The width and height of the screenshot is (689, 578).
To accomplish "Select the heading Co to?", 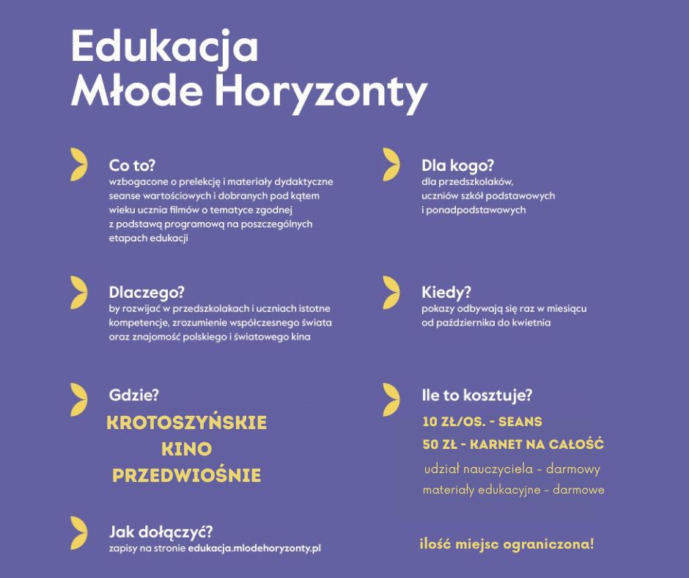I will click(x=133, y=165).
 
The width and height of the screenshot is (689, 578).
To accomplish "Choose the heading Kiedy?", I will click(x=446, y=292).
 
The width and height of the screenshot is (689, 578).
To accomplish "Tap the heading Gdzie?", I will click(x=133, y=395).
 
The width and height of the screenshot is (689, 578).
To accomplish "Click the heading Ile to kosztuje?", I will click(x=476, y=395).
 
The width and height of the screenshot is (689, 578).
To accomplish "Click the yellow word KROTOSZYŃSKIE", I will click(x=187, y=423).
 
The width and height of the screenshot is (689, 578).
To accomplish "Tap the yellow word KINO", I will click(x=186, y=449).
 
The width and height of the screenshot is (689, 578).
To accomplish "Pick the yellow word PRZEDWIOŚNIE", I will click(x=187, y=475).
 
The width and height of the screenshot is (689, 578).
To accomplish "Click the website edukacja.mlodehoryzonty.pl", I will click(x=254, y=548).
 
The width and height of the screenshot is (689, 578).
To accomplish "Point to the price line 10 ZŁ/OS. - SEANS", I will click(x=482, y=422).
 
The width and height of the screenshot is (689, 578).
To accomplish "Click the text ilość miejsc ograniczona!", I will click(x=506, y=544).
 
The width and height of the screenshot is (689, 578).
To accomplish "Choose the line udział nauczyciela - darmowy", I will click(x=512, y=469).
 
